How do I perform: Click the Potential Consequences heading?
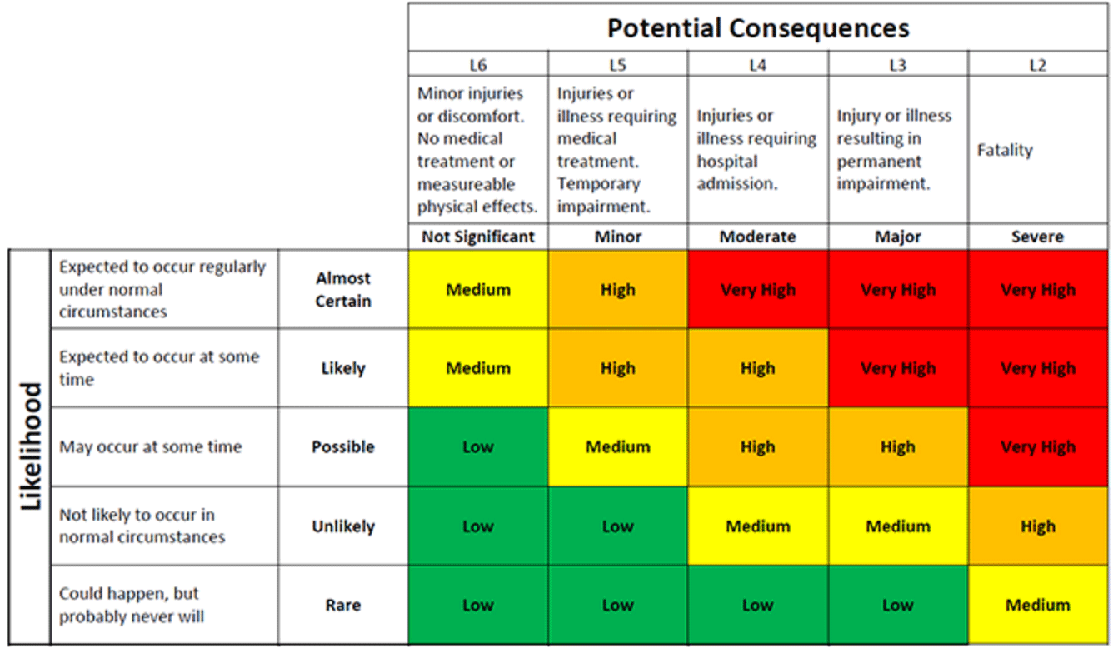(757, 28)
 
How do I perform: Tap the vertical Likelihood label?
(30, 446)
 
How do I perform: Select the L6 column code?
(477, 65)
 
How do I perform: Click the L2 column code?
(1037, 65)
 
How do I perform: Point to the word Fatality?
(1005, 151)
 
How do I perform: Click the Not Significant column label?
(477, 237)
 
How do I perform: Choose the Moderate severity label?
(757, 237)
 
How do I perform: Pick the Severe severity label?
(1037, 237)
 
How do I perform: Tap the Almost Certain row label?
(342, 289)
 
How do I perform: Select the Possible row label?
(342, 447)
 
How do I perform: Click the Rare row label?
(342, 605)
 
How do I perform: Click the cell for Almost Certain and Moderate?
(757, 290)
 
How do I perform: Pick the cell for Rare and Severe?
(1037, 605)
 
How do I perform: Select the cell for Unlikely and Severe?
(1037, 526)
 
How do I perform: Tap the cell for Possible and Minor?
(617, 447)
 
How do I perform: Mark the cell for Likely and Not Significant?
(477, 368)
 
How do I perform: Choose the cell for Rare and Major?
(897, 605)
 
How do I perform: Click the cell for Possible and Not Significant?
(477, 447)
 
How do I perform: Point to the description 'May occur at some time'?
(150, 447)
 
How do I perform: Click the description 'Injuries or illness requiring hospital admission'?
(756, 150)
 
